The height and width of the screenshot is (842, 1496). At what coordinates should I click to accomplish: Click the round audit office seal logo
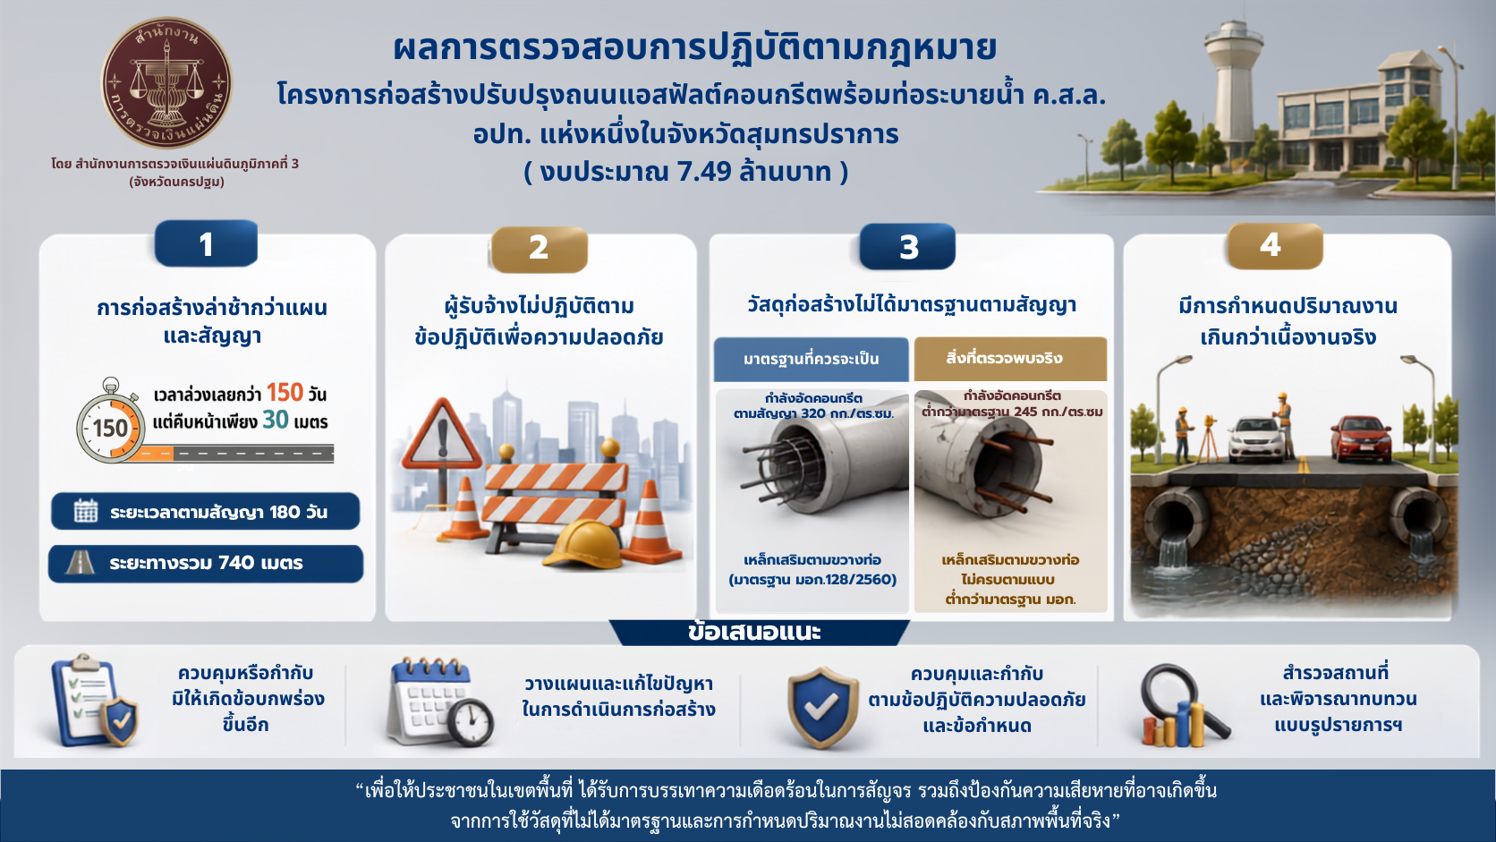coord(166,82)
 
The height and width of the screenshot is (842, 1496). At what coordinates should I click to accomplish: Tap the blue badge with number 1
coord(206,243)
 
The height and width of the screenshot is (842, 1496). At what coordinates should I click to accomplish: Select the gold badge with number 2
coord(539,249)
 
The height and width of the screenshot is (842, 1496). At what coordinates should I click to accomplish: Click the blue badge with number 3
coord(907,246)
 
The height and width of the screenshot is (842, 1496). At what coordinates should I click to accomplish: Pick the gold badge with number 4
coord(1274,246)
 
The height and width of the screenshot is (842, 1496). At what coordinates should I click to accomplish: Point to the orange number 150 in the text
coord(285,393)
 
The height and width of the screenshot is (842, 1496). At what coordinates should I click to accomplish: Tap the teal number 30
coord(276,420)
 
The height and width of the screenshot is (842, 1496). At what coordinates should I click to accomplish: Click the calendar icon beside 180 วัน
coord(86,512)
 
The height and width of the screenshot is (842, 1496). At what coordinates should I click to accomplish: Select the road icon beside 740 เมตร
coord(81,562)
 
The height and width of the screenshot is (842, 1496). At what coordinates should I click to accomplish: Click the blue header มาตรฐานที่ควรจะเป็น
coord(811,359)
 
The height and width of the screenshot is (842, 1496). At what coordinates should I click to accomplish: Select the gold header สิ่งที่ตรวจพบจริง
coord(1010,359)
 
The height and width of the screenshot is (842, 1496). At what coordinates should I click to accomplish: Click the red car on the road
coord(1361,438)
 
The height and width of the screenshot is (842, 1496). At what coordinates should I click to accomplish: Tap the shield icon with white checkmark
coord(823,708)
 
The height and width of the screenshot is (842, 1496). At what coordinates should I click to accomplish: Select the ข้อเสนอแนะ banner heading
coord(754,633)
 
